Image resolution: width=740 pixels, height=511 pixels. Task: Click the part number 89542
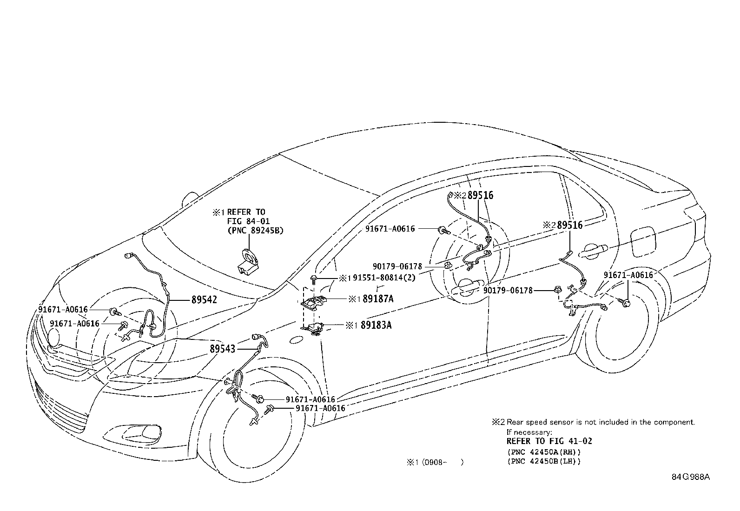tap(204, 300)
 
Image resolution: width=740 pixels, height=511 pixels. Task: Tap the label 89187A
tap(377, 299)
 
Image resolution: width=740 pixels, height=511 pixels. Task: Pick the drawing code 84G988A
tap(690, 477)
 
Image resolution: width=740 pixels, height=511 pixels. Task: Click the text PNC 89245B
tap(256, 230)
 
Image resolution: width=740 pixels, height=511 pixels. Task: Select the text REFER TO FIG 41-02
tap(549, 441)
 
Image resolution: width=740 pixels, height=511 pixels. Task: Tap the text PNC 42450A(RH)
tap(543, 452)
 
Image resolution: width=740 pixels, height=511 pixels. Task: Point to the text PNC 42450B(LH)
tap(543, 461)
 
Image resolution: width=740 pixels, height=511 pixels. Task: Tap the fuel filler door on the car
tap(644, 242)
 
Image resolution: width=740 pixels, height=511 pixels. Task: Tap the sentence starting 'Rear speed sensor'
tap(601, 422)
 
